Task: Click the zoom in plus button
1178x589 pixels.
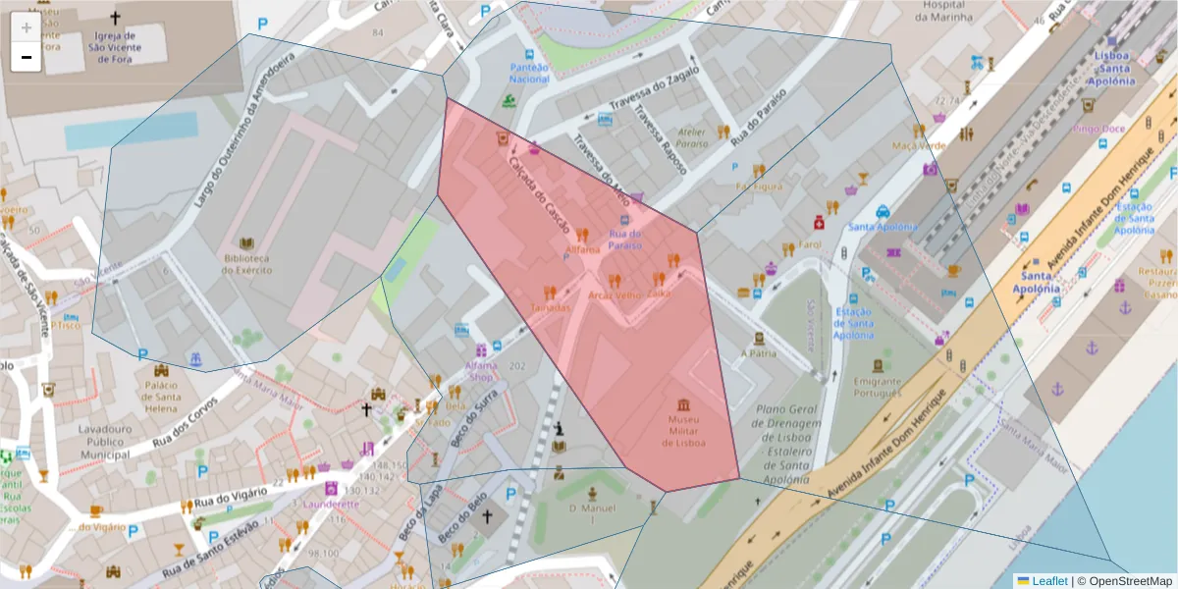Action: click(26, 27)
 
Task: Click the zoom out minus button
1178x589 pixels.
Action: click(26, 57)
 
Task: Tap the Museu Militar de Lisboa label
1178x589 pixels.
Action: click(684, 431)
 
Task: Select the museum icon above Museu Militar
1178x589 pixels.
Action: click(684, 404)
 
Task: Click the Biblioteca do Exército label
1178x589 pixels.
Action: click(246, 263)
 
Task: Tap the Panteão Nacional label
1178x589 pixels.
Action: click(529, 73)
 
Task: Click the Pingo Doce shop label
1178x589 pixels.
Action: click(1099, 129)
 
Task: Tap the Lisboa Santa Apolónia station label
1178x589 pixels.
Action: click(1114, 69)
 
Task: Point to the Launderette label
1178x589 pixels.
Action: click(332, 504)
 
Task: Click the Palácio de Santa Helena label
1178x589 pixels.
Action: click(161, 391)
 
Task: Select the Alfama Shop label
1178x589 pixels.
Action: click(481, 370)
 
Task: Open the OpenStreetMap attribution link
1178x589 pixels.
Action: click(1130, 580)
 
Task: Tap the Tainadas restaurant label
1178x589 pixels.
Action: click(550, 307)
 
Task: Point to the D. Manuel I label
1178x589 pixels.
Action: click(592, 513)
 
